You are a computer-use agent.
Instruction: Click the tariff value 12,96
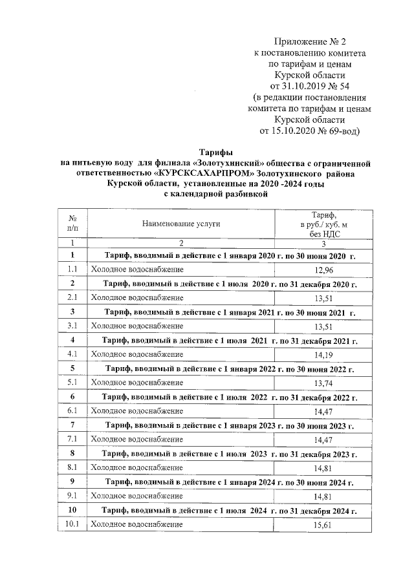click(x=323, y=270)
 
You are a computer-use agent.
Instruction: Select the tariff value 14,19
click(x=323, y=355)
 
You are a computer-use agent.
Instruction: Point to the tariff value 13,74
click(x=323, y=383)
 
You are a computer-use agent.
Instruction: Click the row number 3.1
click(x=72, y=326)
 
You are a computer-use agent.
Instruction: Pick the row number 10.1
click(x=72, y=526)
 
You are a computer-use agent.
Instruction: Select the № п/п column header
click(x=72, y=223)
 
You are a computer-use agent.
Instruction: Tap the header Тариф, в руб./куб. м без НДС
click(x=323, y=223)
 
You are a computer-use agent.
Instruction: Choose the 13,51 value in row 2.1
click(x=323, y=298)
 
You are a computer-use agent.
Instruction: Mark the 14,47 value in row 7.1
click(x=323, y=440)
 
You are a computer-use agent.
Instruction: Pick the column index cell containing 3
click(x=323, y=243)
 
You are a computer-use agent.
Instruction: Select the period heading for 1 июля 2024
click(x=230, y=511)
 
